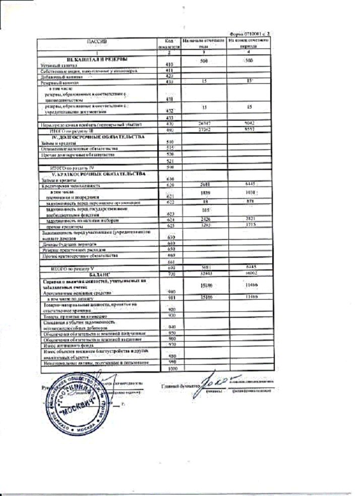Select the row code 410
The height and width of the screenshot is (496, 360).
pos(169,65)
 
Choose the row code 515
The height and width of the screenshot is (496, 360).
pos(169,148)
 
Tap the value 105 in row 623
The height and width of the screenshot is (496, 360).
pos(205,209)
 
